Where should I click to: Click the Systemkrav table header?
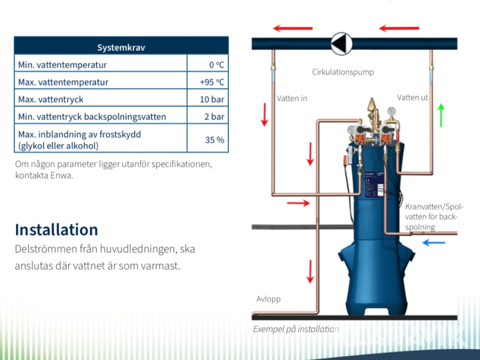[121, 47]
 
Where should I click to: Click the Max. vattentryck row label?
[51, 99]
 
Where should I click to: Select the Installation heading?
[57, 230]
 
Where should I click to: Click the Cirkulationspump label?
[343, 71]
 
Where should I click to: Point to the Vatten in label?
[292, 98]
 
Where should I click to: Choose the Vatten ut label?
[412, 98]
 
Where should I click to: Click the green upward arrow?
[441, 115]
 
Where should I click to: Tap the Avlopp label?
[268, 299]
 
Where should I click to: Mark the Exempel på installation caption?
[295, 329]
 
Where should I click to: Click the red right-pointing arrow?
[298, 203]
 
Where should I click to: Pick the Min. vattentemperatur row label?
[62, 65]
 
